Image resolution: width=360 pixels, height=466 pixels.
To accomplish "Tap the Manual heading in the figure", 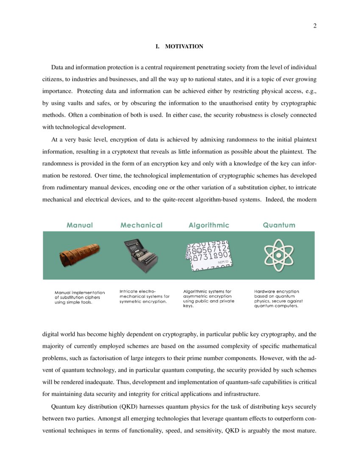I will tap(80, 225).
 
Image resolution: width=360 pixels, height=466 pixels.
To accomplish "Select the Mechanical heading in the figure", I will tap(141, 225).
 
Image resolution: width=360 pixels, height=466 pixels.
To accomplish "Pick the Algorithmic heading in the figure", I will tap(209, 225).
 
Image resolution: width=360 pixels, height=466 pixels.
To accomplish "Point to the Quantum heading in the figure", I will tap(279, 225).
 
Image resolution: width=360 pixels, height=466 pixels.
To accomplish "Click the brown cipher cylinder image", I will tap(80, 254).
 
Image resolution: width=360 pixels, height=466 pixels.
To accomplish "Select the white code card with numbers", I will tap(209, 256).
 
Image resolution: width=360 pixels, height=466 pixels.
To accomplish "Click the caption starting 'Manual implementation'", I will tap(80, 297).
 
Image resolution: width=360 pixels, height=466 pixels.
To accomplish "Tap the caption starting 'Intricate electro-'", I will tap(144, 297).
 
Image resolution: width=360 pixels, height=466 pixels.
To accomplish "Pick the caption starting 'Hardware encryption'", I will tap(278, 298).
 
